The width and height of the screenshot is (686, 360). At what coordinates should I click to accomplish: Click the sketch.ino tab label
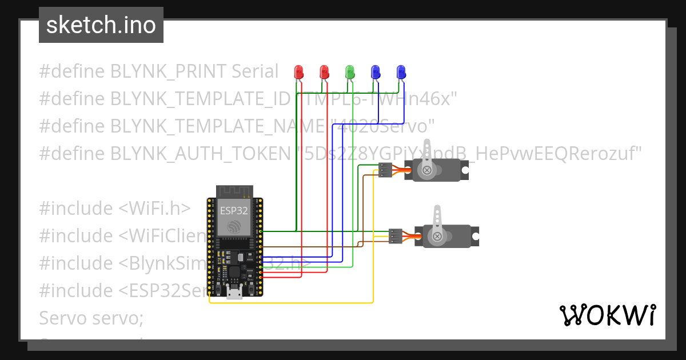point(101,25)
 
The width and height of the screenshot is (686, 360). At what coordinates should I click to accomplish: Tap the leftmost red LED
point(298,72)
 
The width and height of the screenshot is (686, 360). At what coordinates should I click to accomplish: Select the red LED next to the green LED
point(324,72)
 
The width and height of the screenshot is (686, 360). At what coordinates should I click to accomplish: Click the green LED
point(350,72)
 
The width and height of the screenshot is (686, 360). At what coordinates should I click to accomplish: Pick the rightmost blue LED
point(401,72)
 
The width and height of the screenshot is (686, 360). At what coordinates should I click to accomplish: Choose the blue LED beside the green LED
point(376,72)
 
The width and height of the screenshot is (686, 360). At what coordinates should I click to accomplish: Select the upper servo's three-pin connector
point(385,170)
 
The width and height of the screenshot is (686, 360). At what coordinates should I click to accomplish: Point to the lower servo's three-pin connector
point(395,235)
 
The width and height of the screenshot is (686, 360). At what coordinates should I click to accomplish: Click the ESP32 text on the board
point(234,210)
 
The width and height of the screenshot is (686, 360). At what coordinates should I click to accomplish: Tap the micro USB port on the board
point(234,294)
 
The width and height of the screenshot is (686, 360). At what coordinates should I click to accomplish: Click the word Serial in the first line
point(255,71)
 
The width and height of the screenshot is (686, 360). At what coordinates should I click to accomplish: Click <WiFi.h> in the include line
point(155,209)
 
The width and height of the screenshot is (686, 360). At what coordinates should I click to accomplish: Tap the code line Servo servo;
point(91,318)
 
